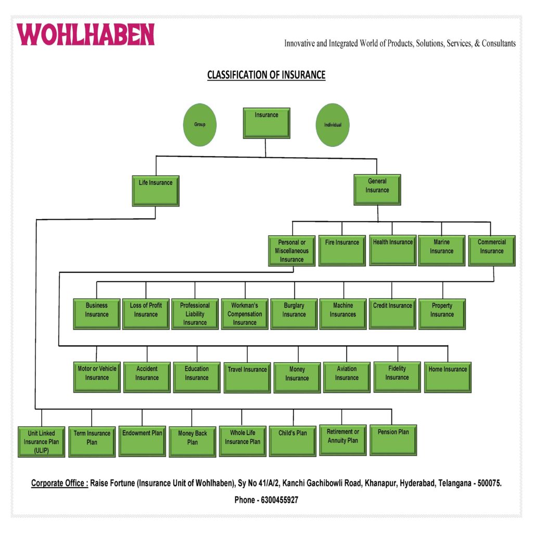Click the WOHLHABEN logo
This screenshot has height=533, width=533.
tap(86, 34)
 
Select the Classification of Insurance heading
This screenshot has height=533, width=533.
tap(266, 75)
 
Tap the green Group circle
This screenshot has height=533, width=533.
tap(200, 125)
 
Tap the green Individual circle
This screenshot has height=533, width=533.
tap(333, 125)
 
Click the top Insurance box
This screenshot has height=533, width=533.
tap(266, 123)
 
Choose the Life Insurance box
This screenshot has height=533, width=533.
tap(156, 191)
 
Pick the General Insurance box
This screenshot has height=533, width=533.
tap(377, 189)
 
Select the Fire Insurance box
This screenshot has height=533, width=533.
tap(342, 250)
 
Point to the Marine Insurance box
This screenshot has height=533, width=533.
tap(441, 250)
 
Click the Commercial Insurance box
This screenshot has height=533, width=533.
tap(491, 250)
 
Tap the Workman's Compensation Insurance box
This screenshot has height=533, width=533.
tap(245, 314)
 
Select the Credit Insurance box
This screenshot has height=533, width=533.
tap(392, 313)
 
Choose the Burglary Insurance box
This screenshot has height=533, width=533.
tap(294, 314)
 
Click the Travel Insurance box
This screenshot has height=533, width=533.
tap(247, 377)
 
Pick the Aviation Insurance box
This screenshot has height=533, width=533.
tap(347, 377)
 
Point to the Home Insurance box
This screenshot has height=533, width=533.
tap(448, 377)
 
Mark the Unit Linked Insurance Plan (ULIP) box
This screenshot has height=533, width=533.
tap(42, 441)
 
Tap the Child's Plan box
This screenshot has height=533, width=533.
tap(293, 440)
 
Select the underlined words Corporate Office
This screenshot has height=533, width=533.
tap(59, 484)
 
